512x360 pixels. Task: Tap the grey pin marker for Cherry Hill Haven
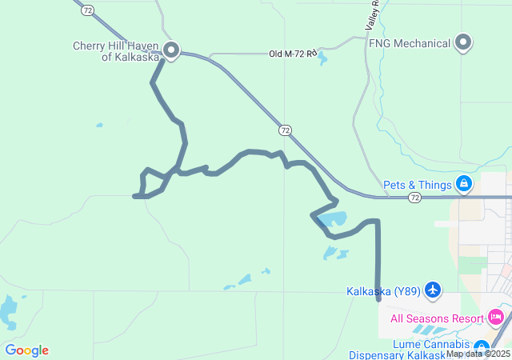click(170, 50)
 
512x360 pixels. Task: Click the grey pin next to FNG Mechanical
click(463, 42)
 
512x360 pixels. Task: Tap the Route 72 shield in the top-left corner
click(87, 10)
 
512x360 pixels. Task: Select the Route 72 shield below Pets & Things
click(414, 197)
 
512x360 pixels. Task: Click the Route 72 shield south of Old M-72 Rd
click(285, 130)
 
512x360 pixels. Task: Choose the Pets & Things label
click(417, 185)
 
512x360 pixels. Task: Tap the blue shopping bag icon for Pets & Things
click(463, 184)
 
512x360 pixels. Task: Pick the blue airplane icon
click(433, 289)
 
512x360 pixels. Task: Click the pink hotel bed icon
click(495, 318)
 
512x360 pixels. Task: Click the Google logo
click(26, 350)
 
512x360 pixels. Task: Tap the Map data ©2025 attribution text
click(478, 354)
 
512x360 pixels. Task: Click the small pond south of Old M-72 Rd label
click(322, 60)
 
